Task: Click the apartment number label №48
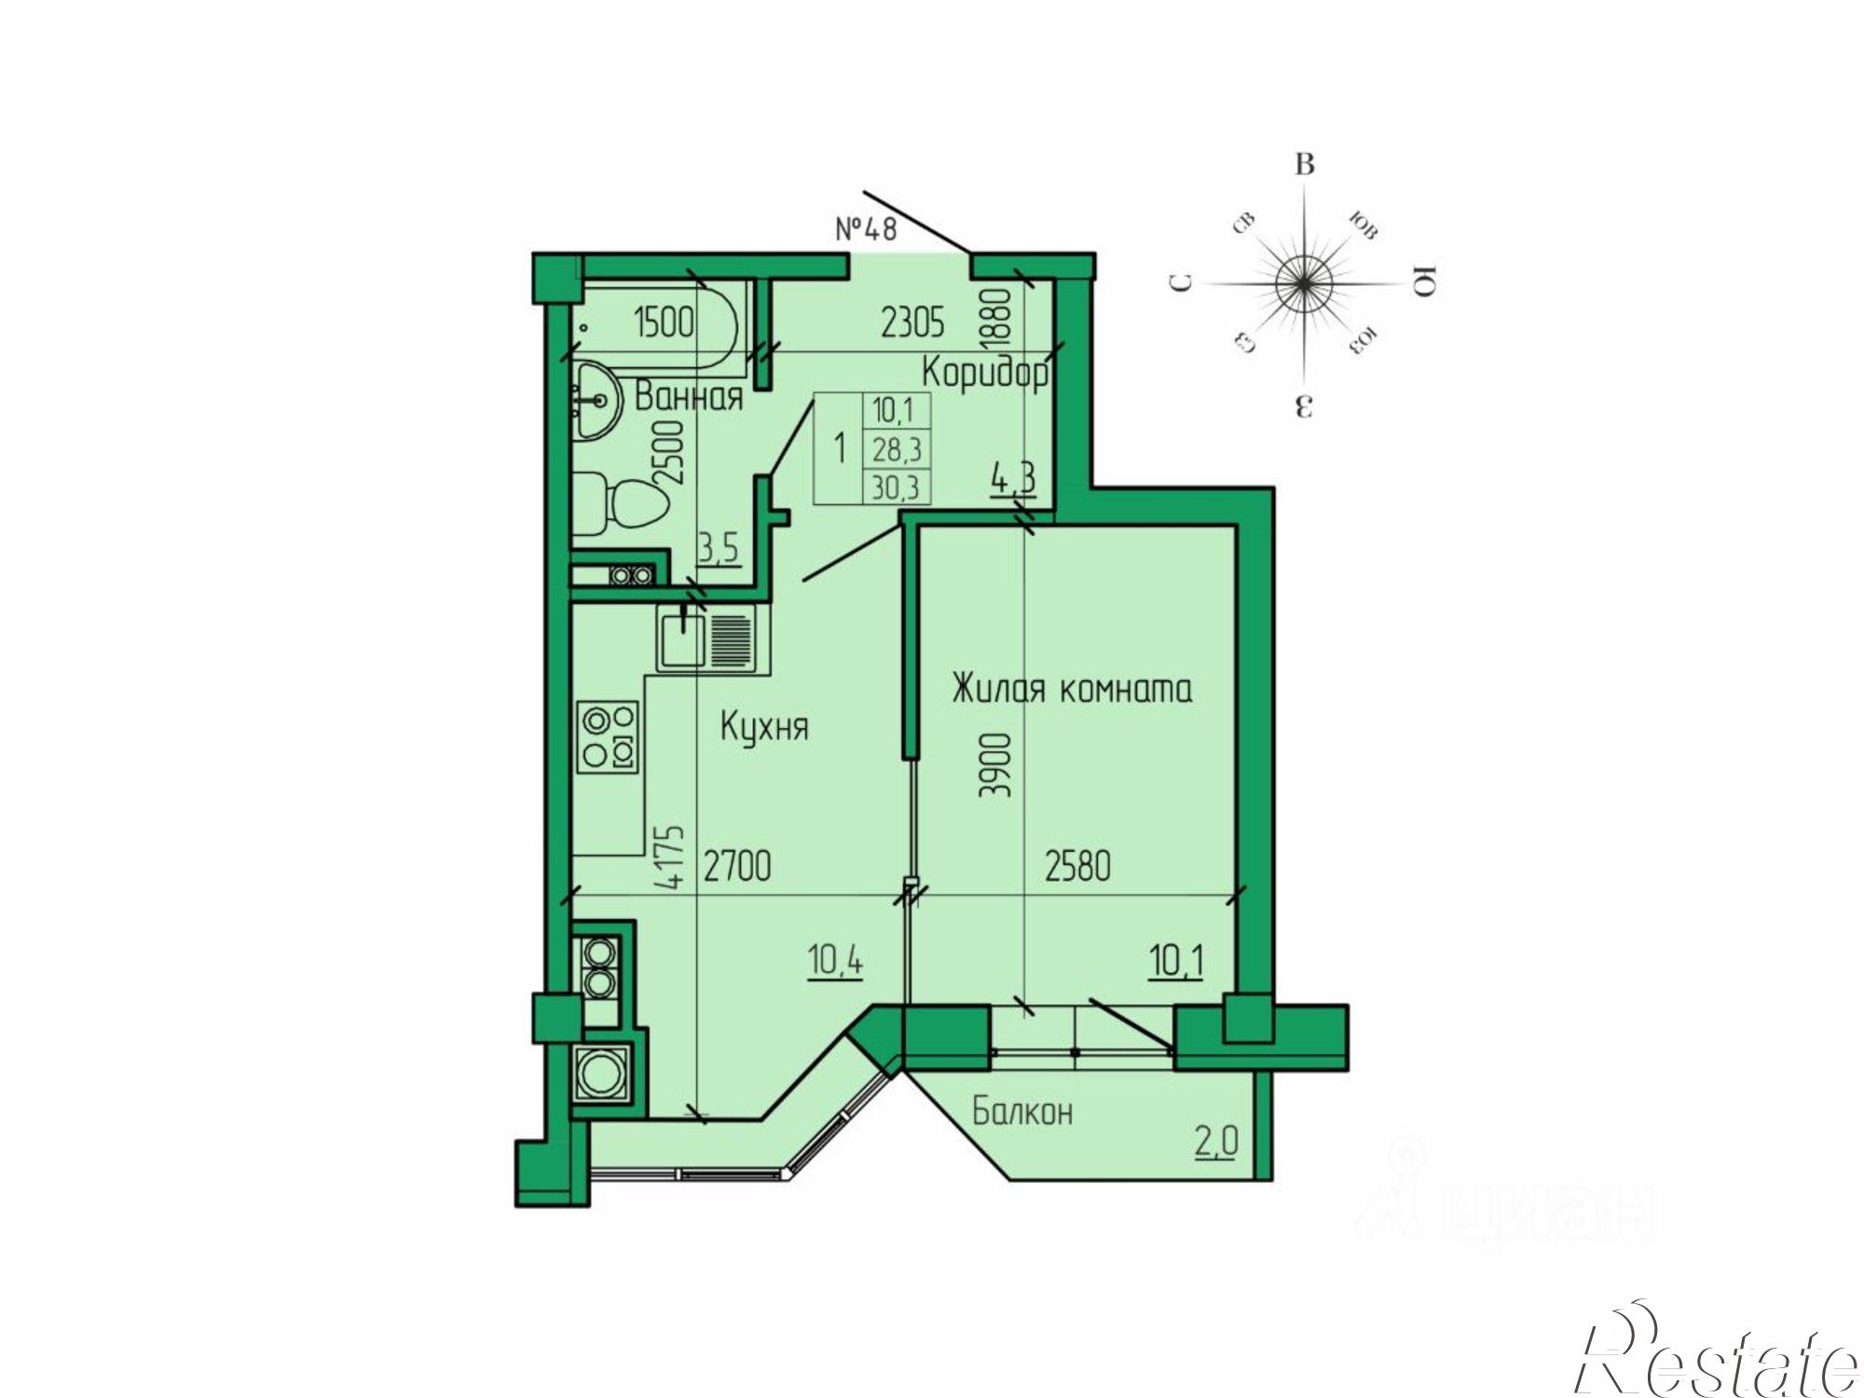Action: (x=866, y=228)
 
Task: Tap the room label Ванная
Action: (x=689, y=397)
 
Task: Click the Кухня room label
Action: (x=764, y=726)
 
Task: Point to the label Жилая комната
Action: (x=1072, y=689)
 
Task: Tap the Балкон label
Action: (x=1022, y=1111)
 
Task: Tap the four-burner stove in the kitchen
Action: (x=609, y=736)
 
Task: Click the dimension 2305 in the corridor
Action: (x=912, y=322)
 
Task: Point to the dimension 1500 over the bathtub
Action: (x=664, y=322)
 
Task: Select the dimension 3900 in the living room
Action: (x=995, y=764)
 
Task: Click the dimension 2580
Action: (x=1077, y=867)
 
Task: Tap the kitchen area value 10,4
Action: (x=835, y=960)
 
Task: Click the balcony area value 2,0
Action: (x=1216, y=1141)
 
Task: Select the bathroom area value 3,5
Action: (x=719, y=548)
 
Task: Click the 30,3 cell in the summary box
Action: (x=896, y=487)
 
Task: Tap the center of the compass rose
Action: (x=1304, y=283)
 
